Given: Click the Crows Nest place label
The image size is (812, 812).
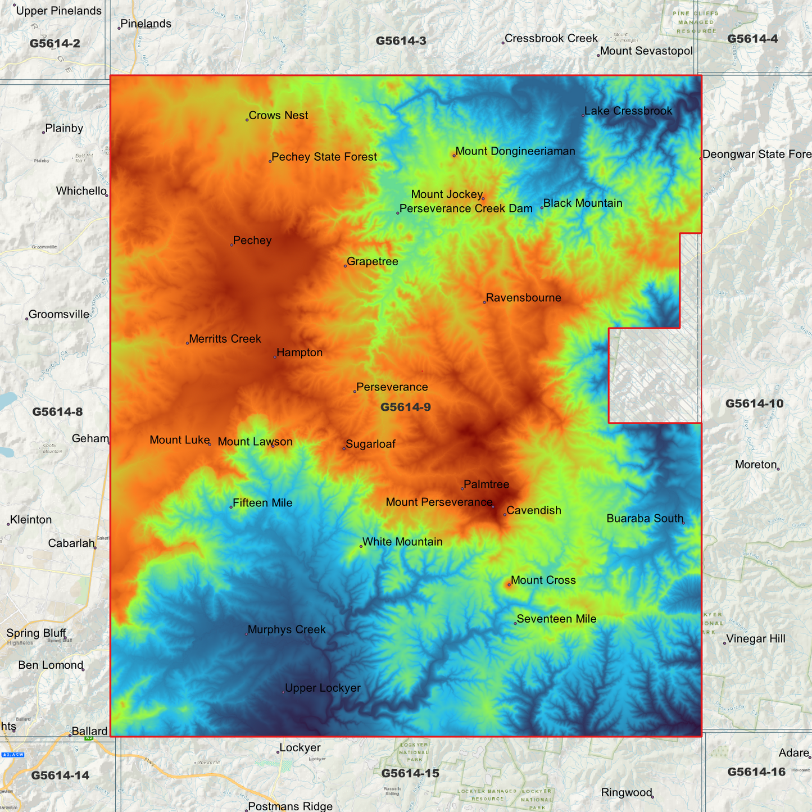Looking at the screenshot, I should pyautogui.click(x=278, y=116).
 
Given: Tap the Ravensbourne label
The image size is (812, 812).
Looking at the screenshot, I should pyautogui.click(x=523, y=298).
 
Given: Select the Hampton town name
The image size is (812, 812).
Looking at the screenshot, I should pyautogui.click(x=300, y=353).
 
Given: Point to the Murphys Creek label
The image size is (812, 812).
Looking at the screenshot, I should pyautogui.click(x=287, y=630).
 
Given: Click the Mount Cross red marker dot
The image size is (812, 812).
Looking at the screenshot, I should pyautogui.click(x=509, y=585).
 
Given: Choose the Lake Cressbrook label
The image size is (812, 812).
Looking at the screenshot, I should pyautogui.click(x=628, y=111).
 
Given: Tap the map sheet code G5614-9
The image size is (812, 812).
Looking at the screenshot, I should pyautogui.click(x=406, y=407).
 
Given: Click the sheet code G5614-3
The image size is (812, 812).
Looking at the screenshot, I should pyautogui.click(x=401, y=41).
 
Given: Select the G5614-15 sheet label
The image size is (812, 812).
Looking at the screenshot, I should pyautogui.click(x=410, y=774).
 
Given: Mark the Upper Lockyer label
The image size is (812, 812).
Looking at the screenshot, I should pyautogui.click(x=323, y=688).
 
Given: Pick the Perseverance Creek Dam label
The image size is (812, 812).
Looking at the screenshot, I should pyautogui.click(x=466, y=209).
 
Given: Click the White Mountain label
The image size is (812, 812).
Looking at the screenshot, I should pyautogui.click(x=402, y=542).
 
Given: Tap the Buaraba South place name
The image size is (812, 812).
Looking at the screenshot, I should pyautogui.click(x=645, y=519).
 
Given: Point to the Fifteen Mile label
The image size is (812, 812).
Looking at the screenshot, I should pyautogui.click(x=262, y=503).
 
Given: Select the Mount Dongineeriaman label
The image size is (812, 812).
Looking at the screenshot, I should pyautogui.click(x=515, y=151).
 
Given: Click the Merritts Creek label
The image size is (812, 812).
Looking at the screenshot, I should pyautogui.click(x=225, y=339).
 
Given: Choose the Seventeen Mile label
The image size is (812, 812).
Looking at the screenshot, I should pyautogui.click(x=556, y=619).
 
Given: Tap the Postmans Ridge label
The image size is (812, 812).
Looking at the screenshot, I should pyautogui.click(x=291, y=806).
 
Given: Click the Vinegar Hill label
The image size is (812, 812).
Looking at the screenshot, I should pyautogui.click(x=756, y=639).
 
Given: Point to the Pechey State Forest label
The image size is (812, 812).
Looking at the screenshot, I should pyautogui.click(x=324, y=157).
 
